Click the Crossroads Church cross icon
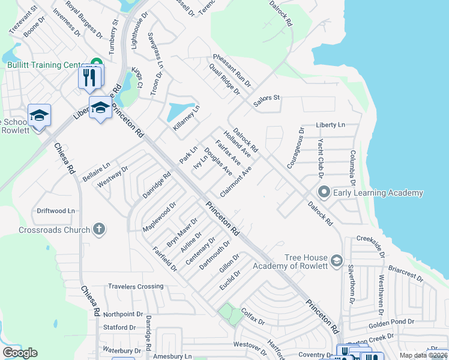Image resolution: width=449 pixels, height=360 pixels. (99, 229)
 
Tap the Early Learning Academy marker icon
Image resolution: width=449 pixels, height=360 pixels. (324, 193)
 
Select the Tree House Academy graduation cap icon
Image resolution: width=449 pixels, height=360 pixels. (337, 260)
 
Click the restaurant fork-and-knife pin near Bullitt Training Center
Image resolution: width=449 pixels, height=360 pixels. (89, 77)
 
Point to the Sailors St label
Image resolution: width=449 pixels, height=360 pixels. (267, 100)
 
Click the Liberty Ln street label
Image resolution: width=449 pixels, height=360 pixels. (331, 125)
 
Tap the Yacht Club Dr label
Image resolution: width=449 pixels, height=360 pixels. (319, 157)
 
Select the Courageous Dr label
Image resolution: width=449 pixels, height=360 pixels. (294, 147)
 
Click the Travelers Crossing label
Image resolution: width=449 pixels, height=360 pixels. (136, 287)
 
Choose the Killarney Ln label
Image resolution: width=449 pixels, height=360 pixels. (186, 118)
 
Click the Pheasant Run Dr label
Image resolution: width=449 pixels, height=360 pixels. (231, 71)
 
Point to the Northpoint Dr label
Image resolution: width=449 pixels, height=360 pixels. (123, 314)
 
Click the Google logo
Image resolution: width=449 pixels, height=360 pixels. (20, 353)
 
